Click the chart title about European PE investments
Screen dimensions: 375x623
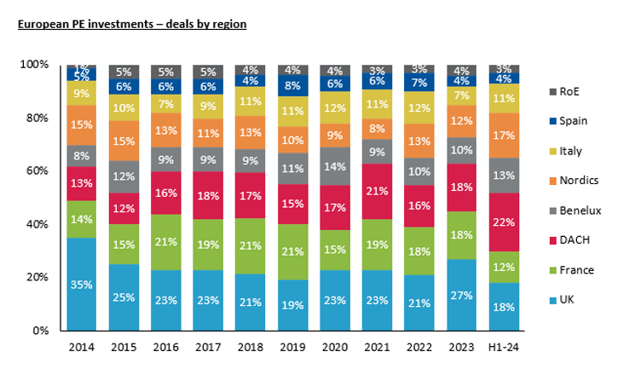[132, 24]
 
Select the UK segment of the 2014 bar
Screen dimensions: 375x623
[81, 284]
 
